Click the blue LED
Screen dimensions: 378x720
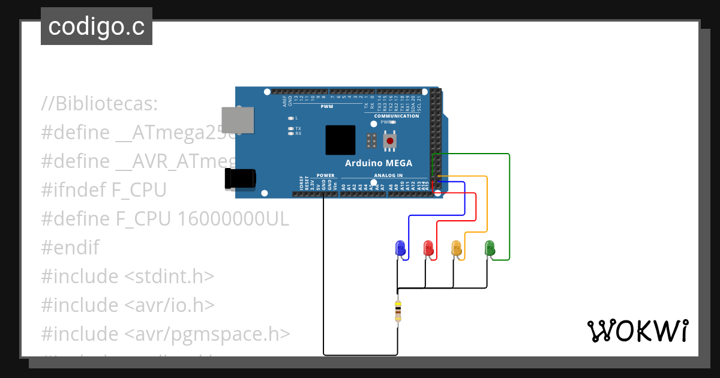point(400,248)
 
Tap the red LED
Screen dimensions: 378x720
point(428,248)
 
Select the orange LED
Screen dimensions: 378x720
point(456,248)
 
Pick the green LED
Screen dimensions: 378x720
point(490,247)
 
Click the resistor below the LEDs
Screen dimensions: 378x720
point(398,311)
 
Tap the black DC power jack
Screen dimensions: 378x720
point(239,179)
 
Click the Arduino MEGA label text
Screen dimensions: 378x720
point(387,163)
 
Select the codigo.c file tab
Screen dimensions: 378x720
point(97,26)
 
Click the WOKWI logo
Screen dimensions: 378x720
point(637,331)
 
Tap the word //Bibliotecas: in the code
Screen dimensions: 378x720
point(100,104)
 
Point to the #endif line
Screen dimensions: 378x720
point(70,248)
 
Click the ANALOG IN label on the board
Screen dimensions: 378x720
point(388,176)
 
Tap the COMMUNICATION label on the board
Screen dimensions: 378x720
point(397,116)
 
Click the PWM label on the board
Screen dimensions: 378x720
point(326,106)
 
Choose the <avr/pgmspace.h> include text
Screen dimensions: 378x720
point(208,334)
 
